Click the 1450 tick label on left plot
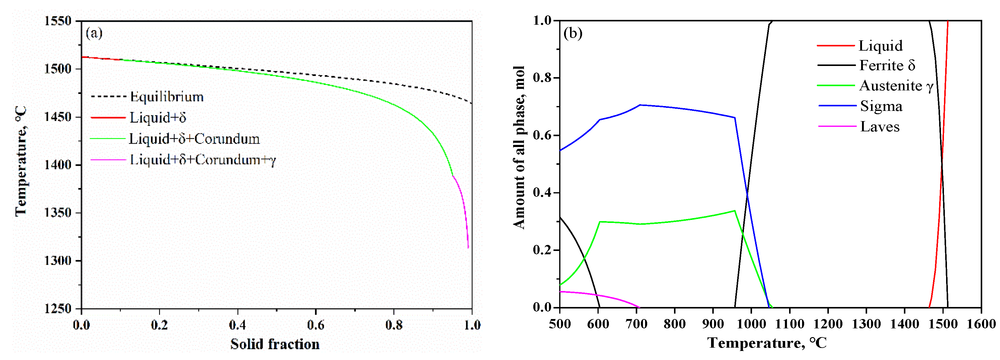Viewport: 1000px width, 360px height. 58,117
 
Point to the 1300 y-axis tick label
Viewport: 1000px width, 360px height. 58,261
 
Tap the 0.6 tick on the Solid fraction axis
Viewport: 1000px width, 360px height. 315,325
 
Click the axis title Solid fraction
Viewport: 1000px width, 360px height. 275,344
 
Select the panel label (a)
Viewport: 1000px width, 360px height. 94,33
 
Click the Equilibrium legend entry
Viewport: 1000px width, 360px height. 167,97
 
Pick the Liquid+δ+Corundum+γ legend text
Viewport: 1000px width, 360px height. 203,160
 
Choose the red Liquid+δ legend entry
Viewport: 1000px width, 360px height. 158,117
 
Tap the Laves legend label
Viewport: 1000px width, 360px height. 880,127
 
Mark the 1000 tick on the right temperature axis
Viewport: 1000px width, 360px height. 751,324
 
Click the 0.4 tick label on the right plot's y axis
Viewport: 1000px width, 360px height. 542,192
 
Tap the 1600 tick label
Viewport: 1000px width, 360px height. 981,324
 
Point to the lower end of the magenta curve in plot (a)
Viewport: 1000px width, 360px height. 468,247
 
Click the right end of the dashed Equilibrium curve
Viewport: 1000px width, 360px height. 472,103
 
